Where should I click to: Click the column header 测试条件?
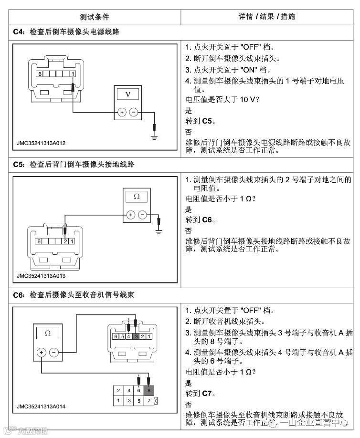[95, 17]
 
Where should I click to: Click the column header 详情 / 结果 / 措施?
[267, 17]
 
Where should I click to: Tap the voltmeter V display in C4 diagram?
[127, 94]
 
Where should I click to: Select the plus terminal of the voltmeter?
[122, 112]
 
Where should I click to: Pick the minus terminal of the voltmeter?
[134, 112]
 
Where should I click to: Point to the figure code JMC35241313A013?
[41, 276]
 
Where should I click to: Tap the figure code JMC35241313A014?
[41, 407]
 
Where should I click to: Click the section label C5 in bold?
[18, 165]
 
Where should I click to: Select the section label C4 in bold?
[18, 32]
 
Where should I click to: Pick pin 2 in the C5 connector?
[65, 241]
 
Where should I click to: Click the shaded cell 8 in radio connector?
[149, 390]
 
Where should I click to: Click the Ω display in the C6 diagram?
[48, 333]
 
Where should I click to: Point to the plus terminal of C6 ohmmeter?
[42, 352]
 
